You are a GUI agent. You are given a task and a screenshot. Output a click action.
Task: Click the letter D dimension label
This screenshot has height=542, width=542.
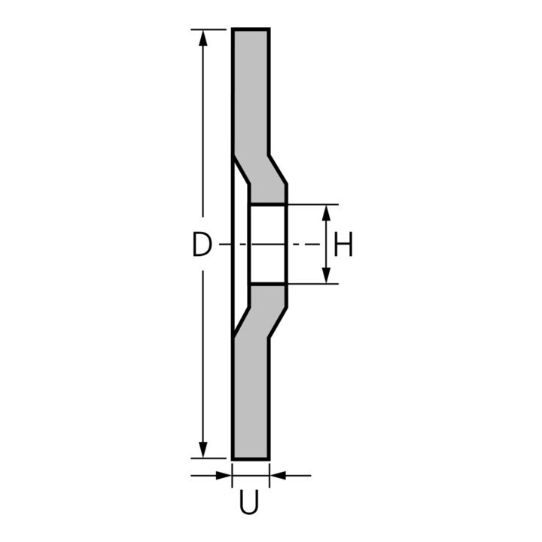pyautogui.click(x=201, y=245)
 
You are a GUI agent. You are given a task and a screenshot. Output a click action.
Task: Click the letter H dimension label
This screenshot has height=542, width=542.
pyautogui.click(x=343, y=244)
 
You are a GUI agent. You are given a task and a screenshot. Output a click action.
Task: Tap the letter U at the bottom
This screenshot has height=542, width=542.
pyautogui.click(x=249, y=501)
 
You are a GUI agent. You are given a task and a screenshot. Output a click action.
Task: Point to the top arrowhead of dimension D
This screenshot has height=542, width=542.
pyautogui.click(x=203, y=38)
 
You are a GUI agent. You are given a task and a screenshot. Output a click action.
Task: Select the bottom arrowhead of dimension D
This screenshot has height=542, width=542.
pyautogui.click(x=203, y=449)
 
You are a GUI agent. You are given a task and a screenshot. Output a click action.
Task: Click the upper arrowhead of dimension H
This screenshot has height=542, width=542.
pyautogui.click(x=326, y=213)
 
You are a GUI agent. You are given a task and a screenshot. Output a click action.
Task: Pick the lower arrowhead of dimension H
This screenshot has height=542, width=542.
pyautogui.click(x=326, y=276)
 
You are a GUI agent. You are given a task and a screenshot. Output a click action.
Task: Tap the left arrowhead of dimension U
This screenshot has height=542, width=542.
pyautogui.click(x=224, y=476)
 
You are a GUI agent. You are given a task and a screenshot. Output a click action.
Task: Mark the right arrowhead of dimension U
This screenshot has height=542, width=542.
pyautogui.click(x=278, y=476)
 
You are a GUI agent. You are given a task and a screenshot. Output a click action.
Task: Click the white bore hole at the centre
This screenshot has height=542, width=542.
pyautogui.click(x=267, y=245)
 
